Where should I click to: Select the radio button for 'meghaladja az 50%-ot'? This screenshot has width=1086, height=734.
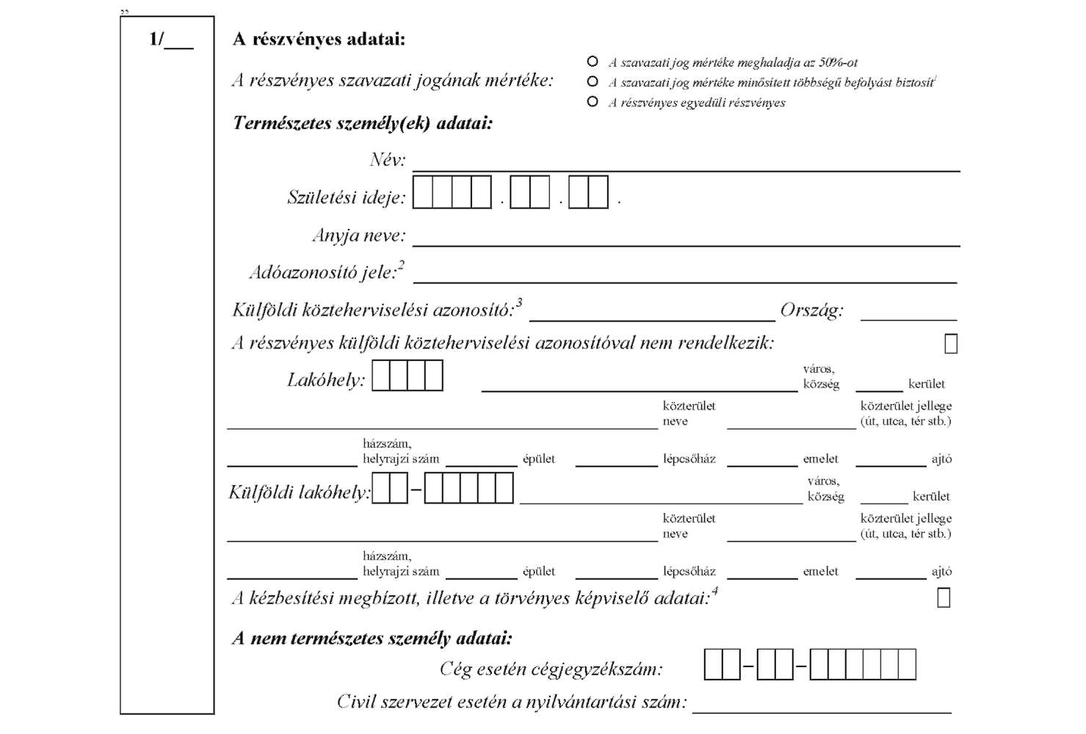pos(592,62)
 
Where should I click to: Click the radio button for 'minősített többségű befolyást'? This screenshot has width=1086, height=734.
pos(592,81)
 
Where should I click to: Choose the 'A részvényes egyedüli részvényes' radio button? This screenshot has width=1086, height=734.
pos(592,102)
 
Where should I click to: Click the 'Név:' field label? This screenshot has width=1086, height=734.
pos(388,159)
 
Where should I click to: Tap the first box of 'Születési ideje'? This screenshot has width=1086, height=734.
pos(423,192)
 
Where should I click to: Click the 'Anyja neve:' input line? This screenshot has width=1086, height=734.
pos(686,246)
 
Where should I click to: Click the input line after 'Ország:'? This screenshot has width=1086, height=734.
pos(908,320)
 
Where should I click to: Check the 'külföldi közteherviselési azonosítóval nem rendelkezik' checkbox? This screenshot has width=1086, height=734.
pos(951,344)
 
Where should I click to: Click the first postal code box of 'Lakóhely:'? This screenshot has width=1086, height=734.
pos(380,375)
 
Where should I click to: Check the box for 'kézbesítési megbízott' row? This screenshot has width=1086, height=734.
pos(944,597)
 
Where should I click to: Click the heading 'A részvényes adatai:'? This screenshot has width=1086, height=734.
pos(319,39)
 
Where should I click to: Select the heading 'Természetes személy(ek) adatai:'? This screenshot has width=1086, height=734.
pos(363,123)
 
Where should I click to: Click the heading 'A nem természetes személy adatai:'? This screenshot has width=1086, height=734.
pos(372,638)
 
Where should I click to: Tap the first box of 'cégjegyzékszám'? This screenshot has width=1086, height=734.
pos(713,664)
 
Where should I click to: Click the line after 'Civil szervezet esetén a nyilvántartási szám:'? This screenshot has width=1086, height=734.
pos(822,713)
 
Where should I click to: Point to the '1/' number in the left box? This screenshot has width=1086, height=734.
pos(156,39)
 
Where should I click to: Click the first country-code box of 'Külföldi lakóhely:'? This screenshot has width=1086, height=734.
pos(380,488)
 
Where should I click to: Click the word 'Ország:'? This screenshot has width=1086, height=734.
pos(812,310)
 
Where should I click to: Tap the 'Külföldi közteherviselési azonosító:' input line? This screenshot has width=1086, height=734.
pos(652,320)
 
